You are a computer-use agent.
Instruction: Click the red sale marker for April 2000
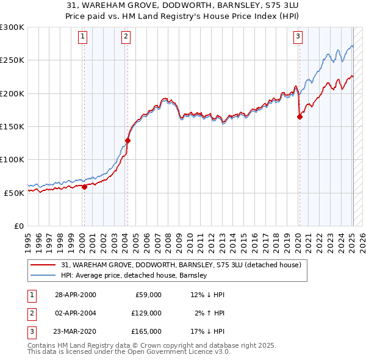[x=84, y=187]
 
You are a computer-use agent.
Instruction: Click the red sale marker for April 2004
[x=127, y=140]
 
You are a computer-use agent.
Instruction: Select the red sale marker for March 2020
[x=300, y=117]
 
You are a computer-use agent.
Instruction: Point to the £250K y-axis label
[x=12, y=60]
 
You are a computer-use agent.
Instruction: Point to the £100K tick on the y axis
[x=12, y=159]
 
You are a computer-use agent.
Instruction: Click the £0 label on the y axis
[x=18, y=226]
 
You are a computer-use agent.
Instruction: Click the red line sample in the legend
[x=43, y=265]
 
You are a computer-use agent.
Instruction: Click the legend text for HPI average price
[x=134, y=276]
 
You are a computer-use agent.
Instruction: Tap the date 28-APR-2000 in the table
[x=76, y=295]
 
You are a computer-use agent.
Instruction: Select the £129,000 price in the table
[x=146, y=313]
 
